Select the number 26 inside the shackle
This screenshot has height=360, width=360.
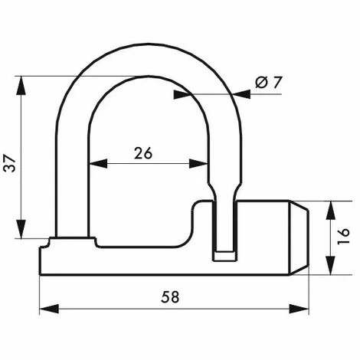(x=142, y=152)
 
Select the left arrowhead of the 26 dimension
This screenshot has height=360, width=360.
(x=95, y=163)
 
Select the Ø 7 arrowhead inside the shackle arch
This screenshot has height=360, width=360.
(x=181, y=94)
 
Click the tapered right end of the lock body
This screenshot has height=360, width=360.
(x=299, y=237)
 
